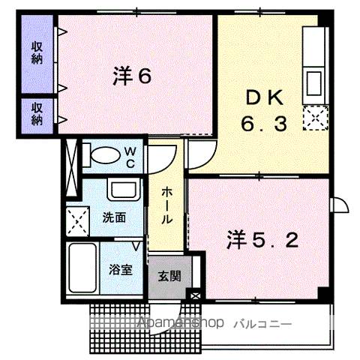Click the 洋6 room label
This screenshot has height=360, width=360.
(133, 75)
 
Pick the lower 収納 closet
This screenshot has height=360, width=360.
(37, 113)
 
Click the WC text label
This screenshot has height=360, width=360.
(130, 157)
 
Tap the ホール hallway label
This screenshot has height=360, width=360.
(167, 205)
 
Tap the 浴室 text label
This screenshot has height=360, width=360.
(121, 269)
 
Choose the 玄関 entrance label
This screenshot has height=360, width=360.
(169, 275)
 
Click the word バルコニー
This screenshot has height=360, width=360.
(263, 323)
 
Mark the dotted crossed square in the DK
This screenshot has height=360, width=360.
(316, 116)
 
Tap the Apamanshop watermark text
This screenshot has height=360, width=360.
(180, 323)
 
